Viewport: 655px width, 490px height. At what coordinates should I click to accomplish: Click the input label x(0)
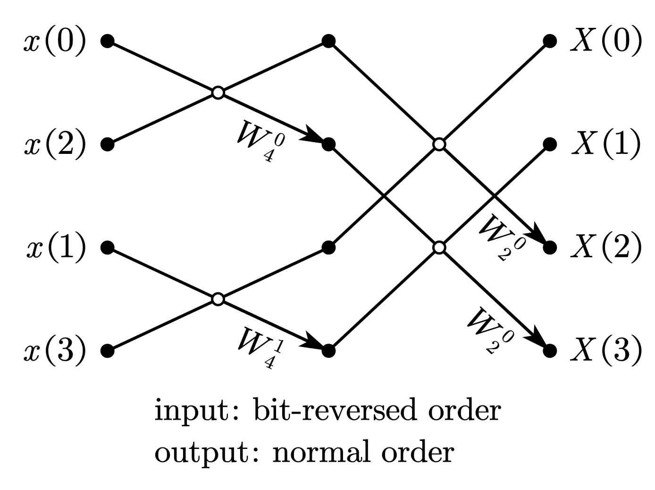pyautogui.click(x=55, y=42)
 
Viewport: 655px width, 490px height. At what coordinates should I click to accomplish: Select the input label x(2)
pyautogui.click(x=55, y=144)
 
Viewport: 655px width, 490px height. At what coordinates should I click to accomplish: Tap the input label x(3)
pyautogui.click(x=55, y=351)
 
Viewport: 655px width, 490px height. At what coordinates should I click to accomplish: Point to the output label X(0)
pyautogui.click(x=606, y=42)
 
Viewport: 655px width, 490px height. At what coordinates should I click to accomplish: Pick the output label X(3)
pyautogui.click(x=606, y=351)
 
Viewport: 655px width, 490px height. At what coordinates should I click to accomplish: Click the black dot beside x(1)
pyautogui.click(x=108, y=247)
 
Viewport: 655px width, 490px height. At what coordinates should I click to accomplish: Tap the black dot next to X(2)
pyautogui.click(x=549, y=247)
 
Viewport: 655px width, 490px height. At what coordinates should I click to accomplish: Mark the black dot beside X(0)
pyautogui.click(x=549, y=41)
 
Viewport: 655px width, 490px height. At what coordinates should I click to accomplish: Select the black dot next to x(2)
pyautogui.click(x=108, y=144)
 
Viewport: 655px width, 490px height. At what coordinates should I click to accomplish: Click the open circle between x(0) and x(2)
pyautogui.click(x=218, y=93)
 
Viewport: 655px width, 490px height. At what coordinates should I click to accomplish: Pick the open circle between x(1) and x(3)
pyautogui.click(x=218, y=299)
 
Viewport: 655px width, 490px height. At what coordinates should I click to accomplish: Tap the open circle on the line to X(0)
pyautogui.click(x=439, y=144)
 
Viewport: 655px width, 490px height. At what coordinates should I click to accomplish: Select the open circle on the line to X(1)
pyautogui.click(x=439, y=247)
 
